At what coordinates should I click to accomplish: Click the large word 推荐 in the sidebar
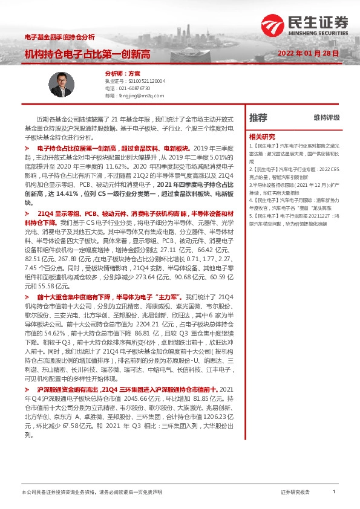258,117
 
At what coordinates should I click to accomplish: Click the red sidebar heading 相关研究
261,136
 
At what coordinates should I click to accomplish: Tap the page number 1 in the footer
334,493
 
